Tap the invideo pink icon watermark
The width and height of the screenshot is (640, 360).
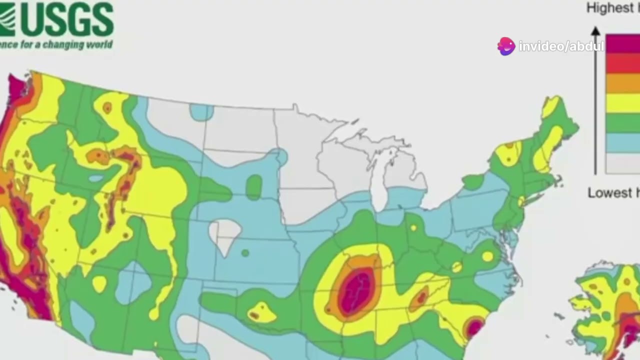tap(506, 46)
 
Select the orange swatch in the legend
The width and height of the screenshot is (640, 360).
tap(622, 83)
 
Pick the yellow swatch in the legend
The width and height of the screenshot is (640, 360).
tap(622, 103)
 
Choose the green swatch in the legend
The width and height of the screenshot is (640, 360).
tap(622, 123)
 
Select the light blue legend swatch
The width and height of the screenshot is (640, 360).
tap(622, 143)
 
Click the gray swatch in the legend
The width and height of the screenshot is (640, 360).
tap(622, 163)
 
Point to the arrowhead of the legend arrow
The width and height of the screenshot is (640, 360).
tap(595, 31)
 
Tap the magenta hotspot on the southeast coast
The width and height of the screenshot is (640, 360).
tap(473, 328)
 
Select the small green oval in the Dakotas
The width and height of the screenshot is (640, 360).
tap(254, 187)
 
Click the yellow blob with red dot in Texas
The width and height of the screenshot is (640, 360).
tap(260, 312)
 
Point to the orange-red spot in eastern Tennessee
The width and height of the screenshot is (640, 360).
tap(420, 298)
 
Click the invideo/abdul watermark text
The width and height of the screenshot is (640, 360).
tap(561, 47)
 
